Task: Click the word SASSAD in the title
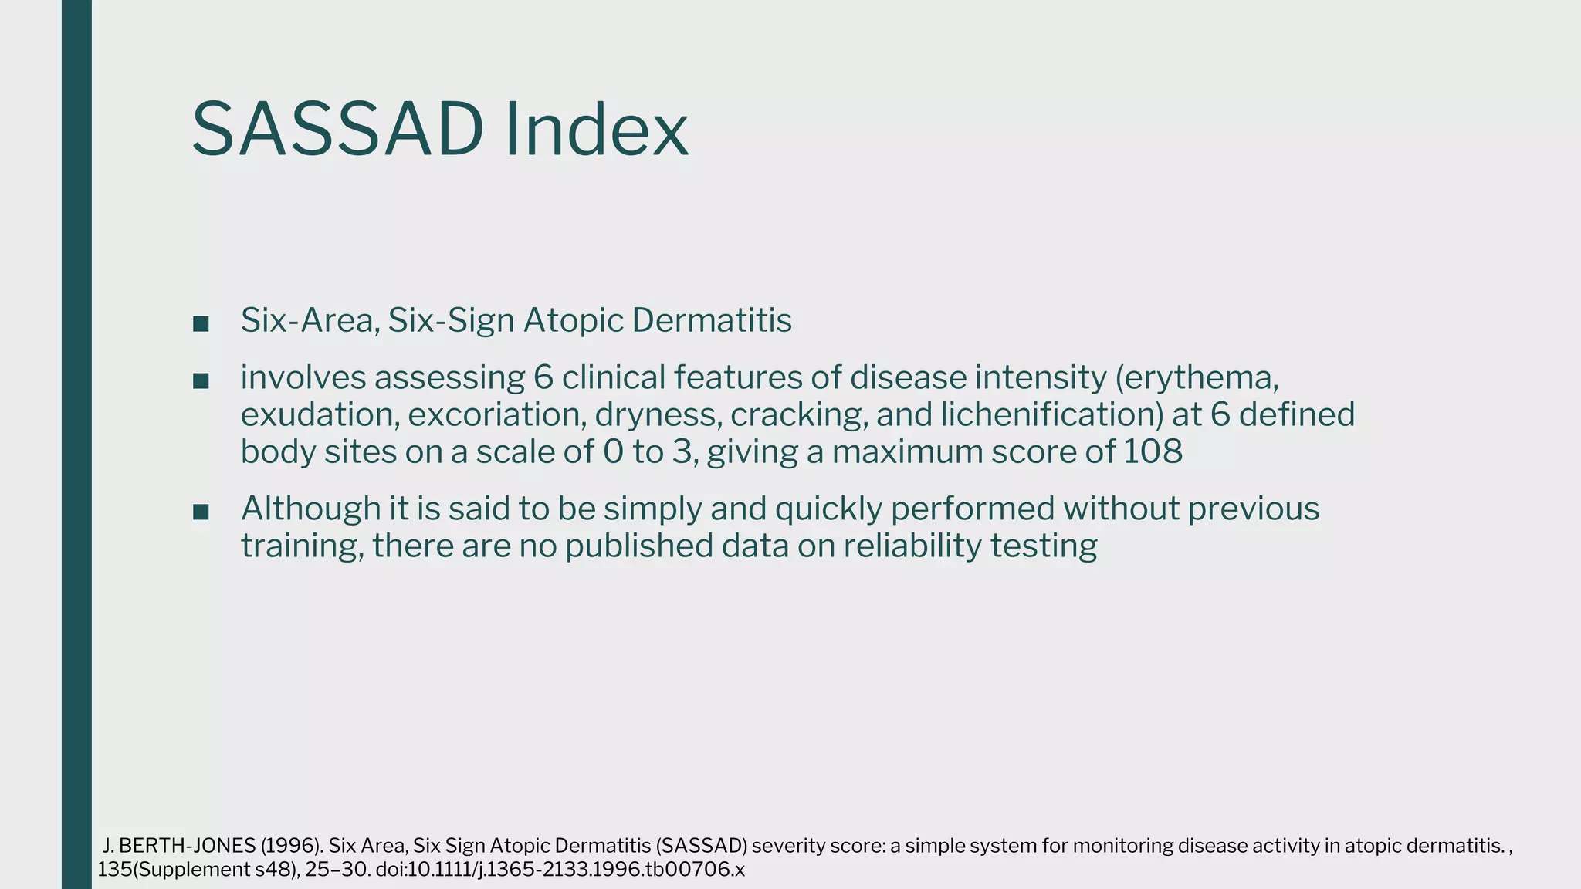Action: click(337, 129)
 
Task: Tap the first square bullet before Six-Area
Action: click(201, 323)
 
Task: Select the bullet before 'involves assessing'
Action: click(201, 380)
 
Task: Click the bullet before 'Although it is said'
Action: click(201, 512)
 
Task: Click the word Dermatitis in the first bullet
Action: click(711, 320)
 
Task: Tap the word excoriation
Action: click(499, 415)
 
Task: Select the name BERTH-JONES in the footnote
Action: click(187, 846)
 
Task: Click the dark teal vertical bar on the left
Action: click(76, 444)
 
